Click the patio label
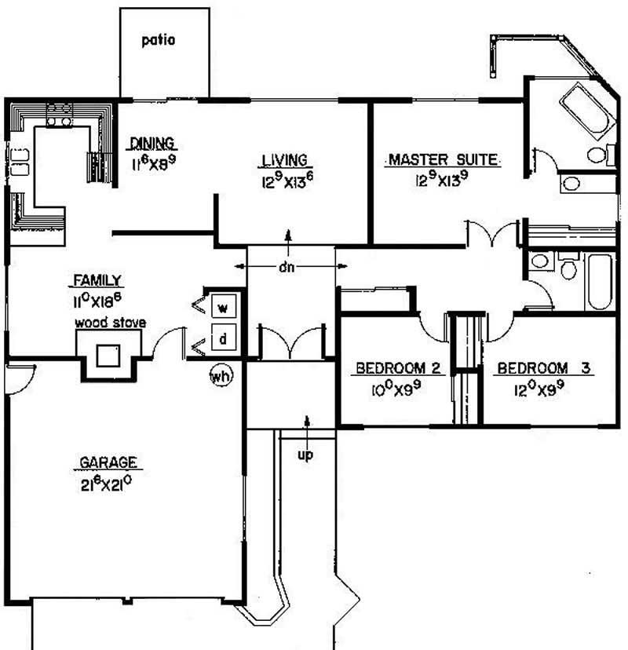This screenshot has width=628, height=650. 159,40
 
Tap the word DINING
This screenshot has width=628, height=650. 152,143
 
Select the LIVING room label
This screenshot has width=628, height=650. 285,160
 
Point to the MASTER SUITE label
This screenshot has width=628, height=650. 443,159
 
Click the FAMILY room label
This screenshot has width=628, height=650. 97,280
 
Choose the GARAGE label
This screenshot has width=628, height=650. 108,462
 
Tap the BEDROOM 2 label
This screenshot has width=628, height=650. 398,368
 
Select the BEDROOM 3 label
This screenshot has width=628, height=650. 543,368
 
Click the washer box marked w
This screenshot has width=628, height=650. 224,306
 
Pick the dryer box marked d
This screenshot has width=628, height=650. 224,338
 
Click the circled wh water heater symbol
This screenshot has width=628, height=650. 221,376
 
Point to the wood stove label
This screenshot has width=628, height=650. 110,323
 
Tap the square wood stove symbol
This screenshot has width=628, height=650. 108,356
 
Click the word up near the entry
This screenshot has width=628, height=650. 305,455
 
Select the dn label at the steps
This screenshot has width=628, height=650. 287,268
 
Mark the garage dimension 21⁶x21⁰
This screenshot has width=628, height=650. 107,484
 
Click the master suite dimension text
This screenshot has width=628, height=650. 442,179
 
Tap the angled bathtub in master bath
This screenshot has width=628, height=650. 588,111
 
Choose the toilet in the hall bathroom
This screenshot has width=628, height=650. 568,265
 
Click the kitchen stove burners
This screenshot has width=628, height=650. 60,115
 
